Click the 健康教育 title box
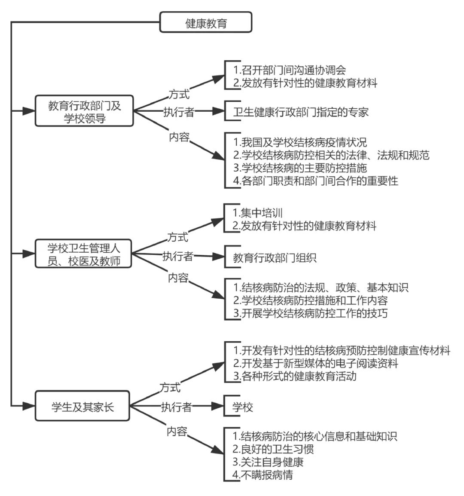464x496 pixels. click(x=206, y=22)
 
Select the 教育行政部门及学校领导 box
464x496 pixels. click(x=84, y=111)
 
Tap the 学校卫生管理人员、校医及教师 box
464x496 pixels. click(x=83, y=254)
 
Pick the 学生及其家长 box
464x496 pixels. click(x=82, y=406)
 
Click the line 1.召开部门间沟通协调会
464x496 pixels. click(x=290, y=70)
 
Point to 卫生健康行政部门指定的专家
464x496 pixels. click(x=301, y=112)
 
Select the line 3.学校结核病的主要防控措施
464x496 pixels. click(x=300, y=168)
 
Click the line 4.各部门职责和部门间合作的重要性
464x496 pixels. click(x=315, y=181)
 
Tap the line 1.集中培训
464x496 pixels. click(x=257, y=213)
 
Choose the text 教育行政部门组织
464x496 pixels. click(x=275, y=258)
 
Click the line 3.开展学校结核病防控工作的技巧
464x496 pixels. click(x=310, y=313)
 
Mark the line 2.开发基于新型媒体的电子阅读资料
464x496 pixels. click(x=315, y=363)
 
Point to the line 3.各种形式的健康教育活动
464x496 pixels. click(x=295, y=376)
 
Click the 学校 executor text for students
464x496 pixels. click(x=243, y=407)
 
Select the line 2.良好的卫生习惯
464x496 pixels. click(x=273, y=449)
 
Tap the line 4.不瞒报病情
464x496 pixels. click(x=263, y=475)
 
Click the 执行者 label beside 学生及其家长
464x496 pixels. click(x=176, y=407)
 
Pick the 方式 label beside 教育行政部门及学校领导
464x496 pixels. click(x=179, y=94)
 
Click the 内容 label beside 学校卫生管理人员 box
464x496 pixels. click(x=178, y=278)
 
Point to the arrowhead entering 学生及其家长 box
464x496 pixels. click(x=29, y=406)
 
